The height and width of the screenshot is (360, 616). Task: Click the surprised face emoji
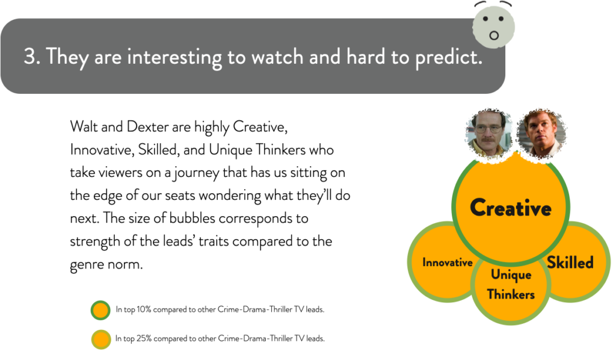493,25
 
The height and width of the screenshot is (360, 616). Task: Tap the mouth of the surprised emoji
494,36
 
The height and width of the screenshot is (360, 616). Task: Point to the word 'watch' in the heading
277,57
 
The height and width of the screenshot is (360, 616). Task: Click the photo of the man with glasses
489,134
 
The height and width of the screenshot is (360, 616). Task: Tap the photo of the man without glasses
541,134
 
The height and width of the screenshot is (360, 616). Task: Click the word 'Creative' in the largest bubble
511,208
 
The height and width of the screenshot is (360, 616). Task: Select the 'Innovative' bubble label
448,262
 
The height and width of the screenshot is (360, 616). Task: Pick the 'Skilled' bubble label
570,262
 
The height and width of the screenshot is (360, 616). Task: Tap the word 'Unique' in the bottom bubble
511,275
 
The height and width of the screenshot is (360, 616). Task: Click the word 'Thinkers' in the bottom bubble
511,294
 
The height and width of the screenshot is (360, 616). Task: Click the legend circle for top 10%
100,310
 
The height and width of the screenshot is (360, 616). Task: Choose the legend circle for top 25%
101,339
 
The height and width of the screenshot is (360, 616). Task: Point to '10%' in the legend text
144,309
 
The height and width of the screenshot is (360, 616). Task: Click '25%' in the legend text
144,338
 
